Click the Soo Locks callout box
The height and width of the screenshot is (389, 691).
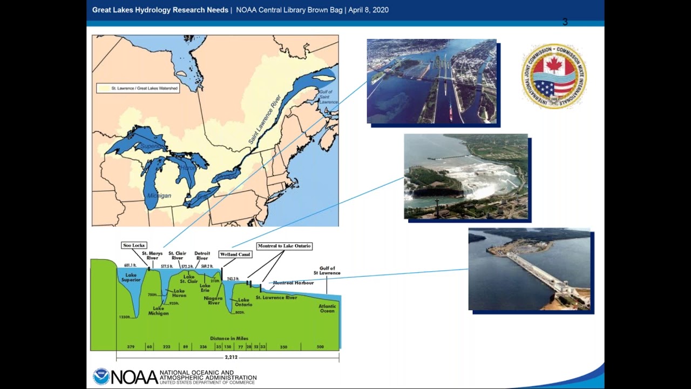[134, 245]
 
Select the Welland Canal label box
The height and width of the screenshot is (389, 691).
[235, 254]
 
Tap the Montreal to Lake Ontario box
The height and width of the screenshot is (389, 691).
[284, 246]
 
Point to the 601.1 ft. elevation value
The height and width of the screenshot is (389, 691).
[130, 265]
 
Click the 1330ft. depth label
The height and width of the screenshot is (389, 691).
[124, 317]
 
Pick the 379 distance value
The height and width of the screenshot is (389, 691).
[131, 347]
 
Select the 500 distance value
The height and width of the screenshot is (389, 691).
[320, 347]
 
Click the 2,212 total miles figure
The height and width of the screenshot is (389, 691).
[231, 358]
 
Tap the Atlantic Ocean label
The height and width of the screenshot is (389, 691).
[327, 308]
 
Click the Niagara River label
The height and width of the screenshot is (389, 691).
[214, 300]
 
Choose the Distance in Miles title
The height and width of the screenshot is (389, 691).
[229, 338]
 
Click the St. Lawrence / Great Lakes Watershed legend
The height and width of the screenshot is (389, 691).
[138, 88]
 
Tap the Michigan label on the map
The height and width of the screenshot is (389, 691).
[159, 196]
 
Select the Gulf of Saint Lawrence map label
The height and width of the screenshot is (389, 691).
[328, 97]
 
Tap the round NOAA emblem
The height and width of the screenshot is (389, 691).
[101, 377]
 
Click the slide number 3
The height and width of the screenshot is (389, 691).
[565, 22]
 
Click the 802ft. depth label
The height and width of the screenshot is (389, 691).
[240, 312]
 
